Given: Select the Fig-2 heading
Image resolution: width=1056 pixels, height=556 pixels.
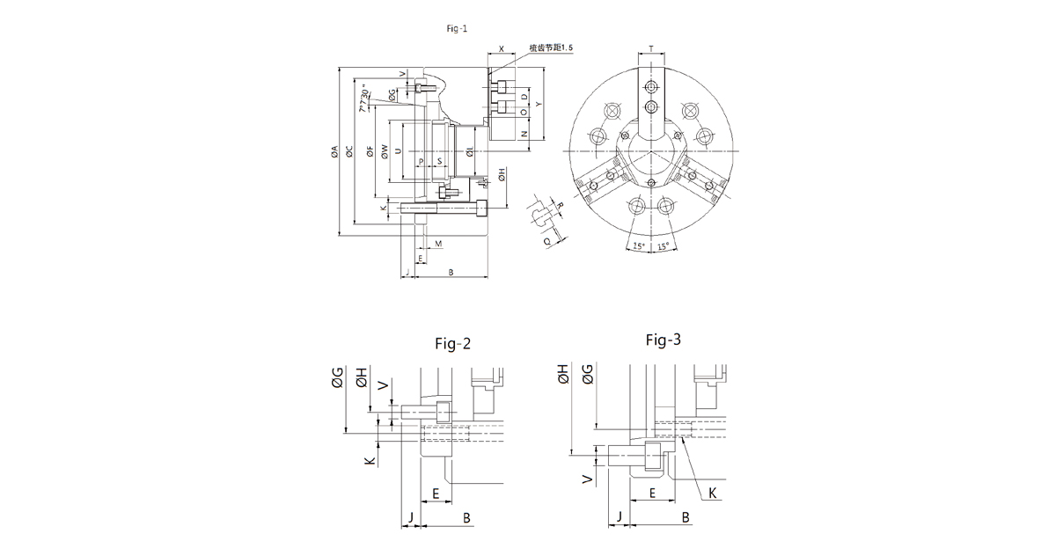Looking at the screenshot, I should click(453, 344).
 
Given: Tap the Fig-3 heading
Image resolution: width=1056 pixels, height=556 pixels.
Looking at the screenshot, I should click(664, 339).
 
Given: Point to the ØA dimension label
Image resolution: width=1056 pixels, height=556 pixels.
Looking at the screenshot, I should click(334, 152).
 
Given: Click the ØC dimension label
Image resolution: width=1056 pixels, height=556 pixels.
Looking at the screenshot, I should click(349, 152).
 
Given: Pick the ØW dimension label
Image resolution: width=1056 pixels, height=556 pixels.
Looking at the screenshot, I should click(385, 151).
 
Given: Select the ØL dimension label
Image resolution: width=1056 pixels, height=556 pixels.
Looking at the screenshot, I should click(472, 152).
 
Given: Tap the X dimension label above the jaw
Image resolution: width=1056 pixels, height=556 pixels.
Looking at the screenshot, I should click(501, 50).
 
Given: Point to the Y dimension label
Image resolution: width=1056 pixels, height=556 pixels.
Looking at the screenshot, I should click(539, 104).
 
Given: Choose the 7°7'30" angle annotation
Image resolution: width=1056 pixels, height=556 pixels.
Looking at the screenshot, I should click(363, 99).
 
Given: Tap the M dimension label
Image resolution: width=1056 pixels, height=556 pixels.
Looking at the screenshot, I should click(437, 242).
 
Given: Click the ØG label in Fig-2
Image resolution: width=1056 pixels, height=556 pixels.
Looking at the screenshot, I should click(337, 379).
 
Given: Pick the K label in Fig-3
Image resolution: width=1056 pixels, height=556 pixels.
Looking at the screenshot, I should click(713, 494).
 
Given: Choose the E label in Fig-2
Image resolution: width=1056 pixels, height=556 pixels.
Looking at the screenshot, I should click(436, 494).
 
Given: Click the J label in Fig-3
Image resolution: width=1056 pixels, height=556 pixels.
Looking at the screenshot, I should click(620, 516).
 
